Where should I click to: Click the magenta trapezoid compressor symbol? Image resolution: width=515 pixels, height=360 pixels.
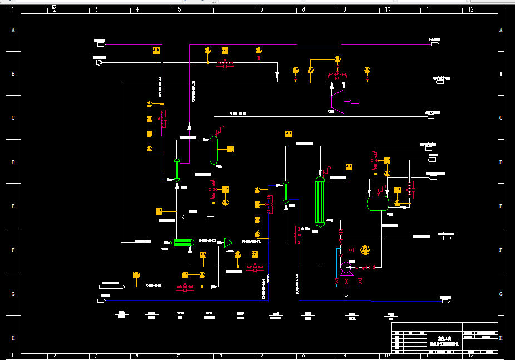(x=337, y=101)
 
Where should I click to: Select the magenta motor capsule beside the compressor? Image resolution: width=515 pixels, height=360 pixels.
(x=355, y=101)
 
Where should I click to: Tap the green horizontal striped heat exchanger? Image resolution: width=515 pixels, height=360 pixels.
(x=181, y=242)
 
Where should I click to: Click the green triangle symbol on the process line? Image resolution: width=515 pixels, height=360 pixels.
(x=228, y=242)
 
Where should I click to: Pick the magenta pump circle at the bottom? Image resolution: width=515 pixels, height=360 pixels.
(x=346, y=268)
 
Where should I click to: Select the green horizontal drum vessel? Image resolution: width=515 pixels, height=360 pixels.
(x=378, y=203)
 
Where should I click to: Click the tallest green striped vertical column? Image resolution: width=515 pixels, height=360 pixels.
(x=320, y=201)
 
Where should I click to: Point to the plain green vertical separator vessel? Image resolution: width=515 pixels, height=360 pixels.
(x=214, y=150)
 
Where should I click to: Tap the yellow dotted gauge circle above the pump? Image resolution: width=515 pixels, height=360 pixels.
(x=365, y=249)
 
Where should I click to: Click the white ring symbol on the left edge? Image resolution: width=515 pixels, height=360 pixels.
(x=99, y=63)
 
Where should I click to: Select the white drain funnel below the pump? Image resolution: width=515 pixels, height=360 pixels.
(x=346, y=297)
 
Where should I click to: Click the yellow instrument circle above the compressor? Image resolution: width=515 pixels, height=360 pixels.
(x=337, y=59)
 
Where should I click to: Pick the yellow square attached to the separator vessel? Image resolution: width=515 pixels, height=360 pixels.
(x=230, y=149)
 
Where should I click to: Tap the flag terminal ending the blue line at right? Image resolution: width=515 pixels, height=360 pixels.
(x=445, y=301)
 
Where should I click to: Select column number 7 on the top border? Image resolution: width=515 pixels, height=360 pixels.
(x=261, y=9)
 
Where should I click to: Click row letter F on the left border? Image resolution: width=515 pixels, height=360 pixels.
(x=13, y=250)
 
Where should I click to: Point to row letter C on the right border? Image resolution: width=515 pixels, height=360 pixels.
(x=501, y=118)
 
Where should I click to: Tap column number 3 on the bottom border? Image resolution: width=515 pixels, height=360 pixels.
(x=96, y=355)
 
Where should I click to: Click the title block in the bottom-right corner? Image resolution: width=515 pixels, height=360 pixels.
(x=444, y=337)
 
